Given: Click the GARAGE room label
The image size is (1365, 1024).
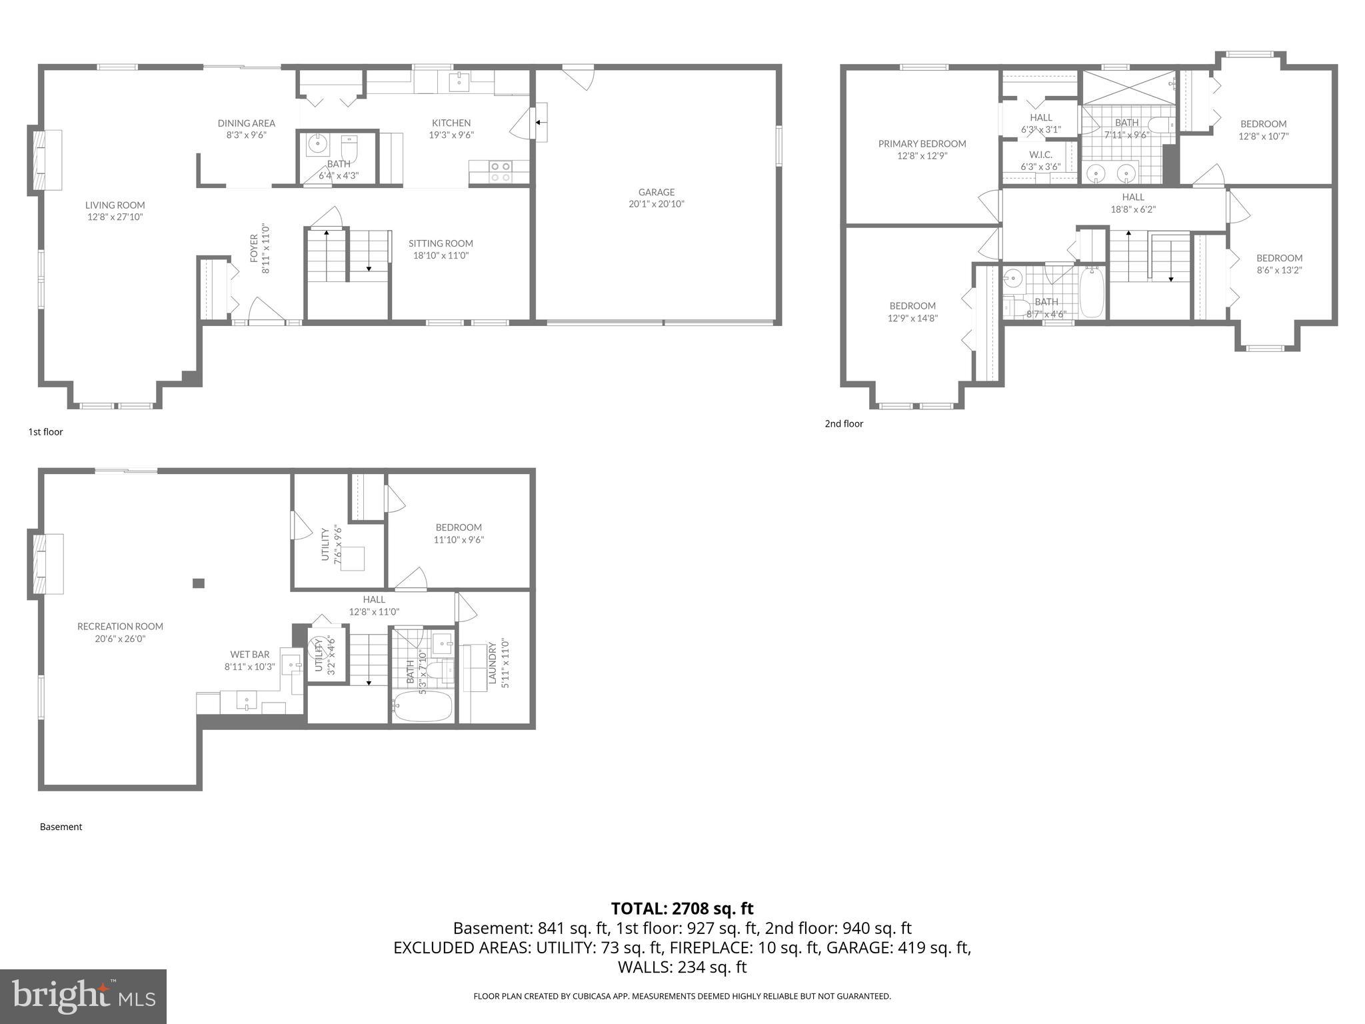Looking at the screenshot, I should (656, 192).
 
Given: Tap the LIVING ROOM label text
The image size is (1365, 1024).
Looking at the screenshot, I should (115, 205).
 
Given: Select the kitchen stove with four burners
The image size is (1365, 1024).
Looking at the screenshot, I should (500, 171).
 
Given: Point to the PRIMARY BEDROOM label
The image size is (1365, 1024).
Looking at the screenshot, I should (922, 143).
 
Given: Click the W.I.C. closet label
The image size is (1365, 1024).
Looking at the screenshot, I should (1040, 155).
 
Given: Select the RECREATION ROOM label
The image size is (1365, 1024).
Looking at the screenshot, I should (120, 626).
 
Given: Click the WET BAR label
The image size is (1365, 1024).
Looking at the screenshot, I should (249, 654).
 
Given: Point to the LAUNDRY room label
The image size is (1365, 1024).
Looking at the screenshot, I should (493, 663).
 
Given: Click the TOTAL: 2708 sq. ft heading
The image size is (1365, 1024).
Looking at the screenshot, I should (682, 908).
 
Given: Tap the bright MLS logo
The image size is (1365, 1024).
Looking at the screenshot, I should (83, 996).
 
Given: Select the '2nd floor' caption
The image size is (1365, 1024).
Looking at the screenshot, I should (844, 423).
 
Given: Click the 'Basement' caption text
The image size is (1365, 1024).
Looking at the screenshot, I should (61, 827).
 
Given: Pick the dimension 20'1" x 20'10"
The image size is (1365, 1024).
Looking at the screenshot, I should (656, 204).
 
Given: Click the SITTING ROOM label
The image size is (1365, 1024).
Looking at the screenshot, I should (441, 243).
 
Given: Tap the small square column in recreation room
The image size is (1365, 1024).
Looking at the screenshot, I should (198, 583).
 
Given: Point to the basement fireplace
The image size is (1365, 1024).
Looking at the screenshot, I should (47, 564).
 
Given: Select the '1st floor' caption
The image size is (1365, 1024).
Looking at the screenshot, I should (45, 431).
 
